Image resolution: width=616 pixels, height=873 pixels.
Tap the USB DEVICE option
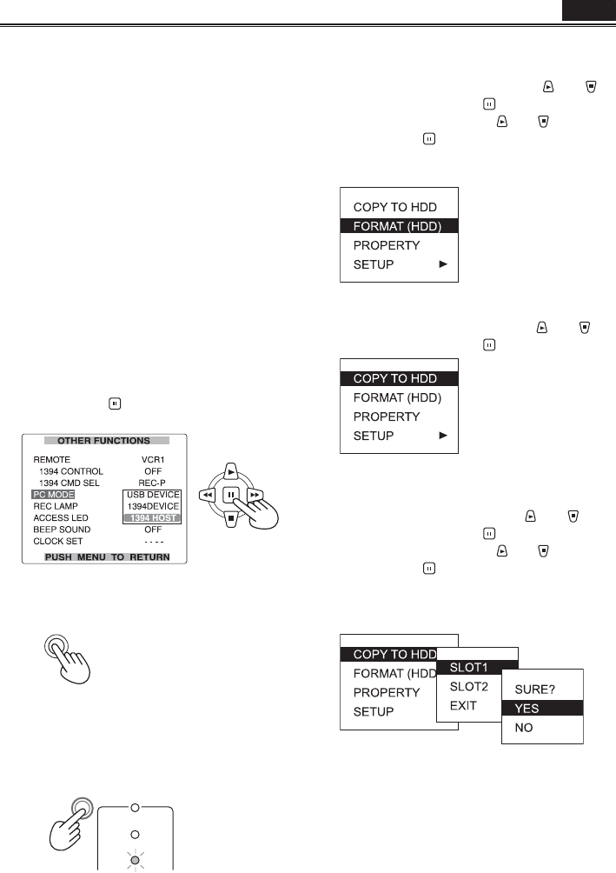point(152,494)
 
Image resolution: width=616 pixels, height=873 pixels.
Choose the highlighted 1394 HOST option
point(152,517)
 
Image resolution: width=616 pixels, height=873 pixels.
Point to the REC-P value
point(153,482)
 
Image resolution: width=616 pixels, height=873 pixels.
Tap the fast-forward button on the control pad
point(253,495)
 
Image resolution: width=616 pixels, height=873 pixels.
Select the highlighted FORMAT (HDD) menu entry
point(396,226)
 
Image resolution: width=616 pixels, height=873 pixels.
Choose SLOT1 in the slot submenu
point(468,667)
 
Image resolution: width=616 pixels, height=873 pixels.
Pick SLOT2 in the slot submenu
point(468,686)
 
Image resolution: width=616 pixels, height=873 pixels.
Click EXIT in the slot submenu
point(463,705)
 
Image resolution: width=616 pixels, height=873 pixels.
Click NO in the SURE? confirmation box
point(524,728)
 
